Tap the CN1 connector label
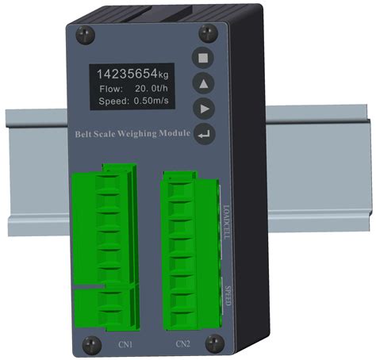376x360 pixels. pos(125,345)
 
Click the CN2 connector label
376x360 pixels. pos(182,345)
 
